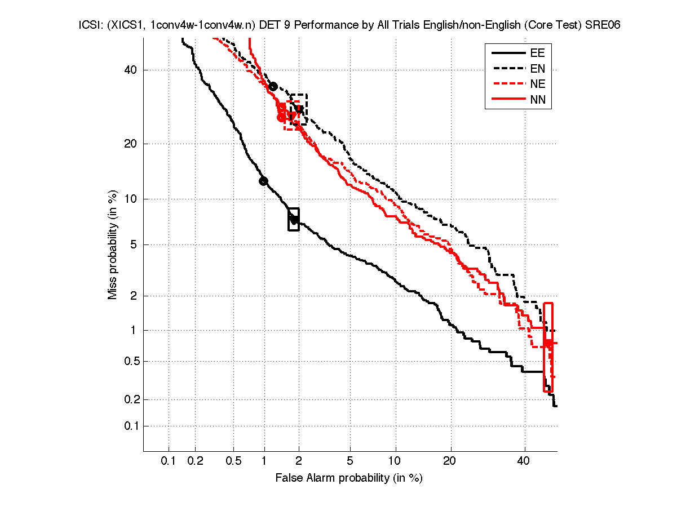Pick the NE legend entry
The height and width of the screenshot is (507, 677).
click(x=537, y=84)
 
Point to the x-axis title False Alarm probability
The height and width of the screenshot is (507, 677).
click(x=349, y=478)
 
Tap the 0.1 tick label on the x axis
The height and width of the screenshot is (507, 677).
click(x=169, y=461)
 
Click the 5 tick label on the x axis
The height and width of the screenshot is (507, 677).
click(x=350, y=461)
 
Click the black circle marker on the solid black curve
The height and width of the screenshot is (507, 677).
click(x=263, y=181)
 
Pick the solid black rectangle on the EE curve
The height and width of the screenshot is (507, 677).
click(x=294, y=219)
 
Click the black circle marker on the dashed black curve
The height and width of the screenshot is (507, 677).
click(x=273, y=86)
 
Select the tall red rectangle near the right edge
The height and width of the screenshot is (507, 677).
click(x=548, y=347)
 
